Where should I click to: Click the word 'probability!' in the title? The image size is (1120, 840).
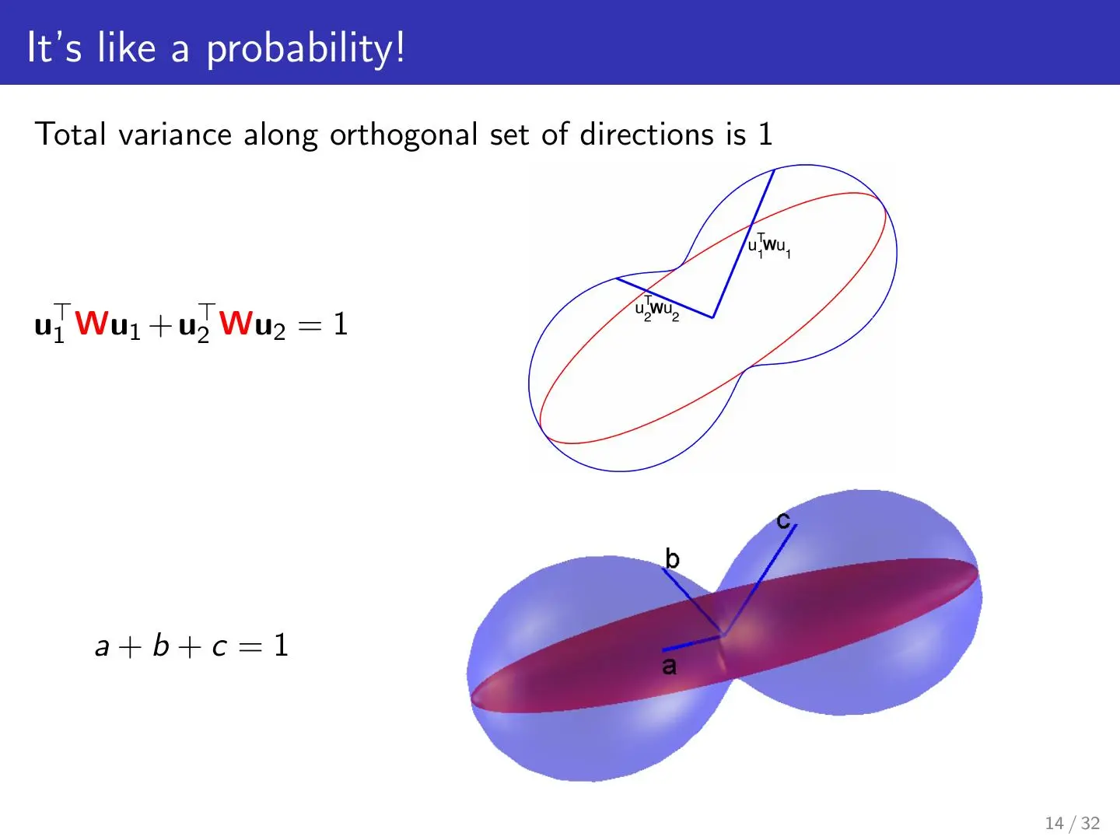(306, 49)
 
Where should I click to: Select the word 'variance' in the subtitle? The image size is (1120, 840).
(175, 135)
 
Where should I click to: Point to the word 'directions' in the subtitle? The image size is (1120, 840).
(647, 135)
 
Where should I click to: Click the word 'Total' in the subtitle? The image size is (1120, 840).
(71, 134)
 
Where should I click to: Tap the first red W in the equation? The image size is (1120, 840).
(92, 324)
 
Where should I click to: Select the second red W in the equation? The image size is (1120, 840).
(236, 324)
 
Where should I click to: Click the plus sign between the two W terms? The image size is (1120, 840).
(160, 326)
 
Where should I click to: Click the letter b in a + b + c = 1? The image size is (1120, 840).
(161, 646)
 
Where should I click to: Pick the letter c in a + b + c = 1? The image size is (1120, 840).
(219, 649)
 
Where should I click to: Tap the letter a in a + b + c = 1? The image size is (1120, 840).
(102, 649)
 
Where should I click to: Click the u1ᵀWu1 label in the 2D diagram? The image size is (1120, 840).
(769, 245)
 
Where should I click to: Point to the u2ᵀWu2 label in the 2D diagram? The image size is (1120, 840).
(657, 309)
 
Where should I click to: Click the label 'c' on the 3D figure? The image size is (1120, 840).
(783, 520)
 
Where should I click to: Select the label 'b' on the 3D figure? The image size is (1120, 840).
(673, 558)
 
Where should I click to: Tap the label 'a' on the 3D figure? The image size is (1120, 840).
(669, 666)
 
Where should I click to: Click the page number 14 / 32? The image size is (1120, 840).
(1072, 823)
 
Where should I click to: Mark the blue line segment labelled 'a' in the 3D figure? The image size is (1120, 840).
(692, 642)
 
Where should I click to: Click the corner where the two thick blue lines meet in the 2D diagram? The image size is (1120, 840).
(712, 317)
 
